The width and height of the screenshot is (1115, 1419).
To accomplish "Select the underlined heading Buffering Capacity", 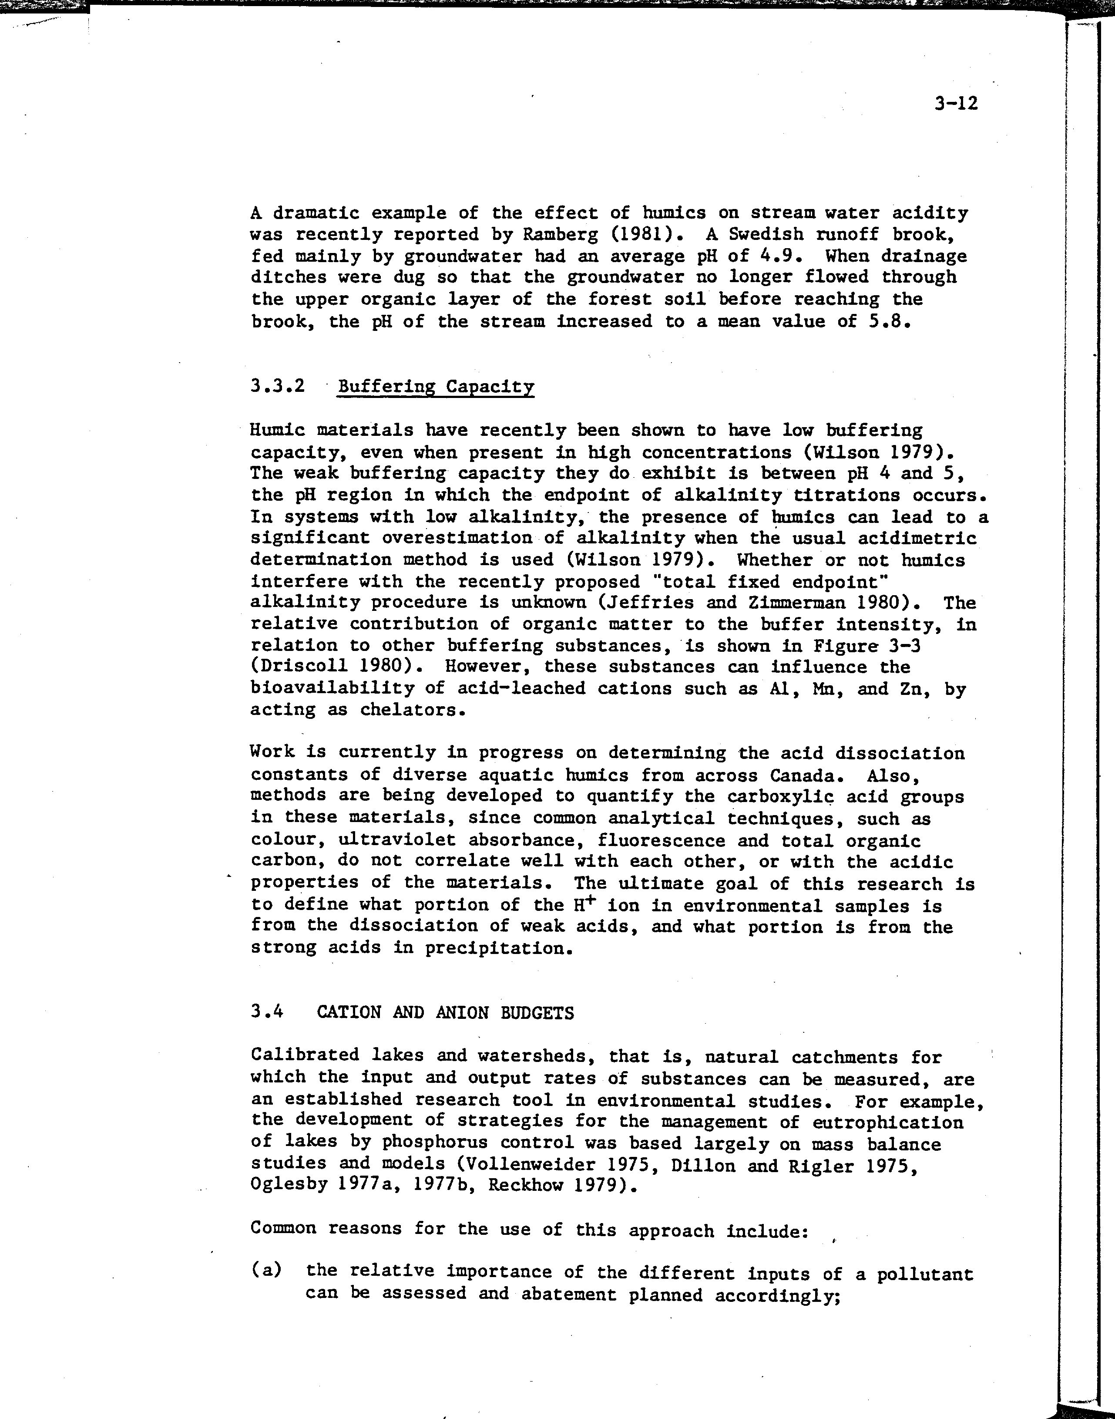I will pyautogui.click(x=435, y=387).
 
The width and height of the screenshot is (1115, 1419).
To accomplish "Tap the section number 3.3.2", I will pyautogui.click(x=278, y=386).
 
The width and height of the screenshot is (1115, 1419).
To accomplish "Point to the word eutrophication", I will pyautogui.click(x=888, y=1122).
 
